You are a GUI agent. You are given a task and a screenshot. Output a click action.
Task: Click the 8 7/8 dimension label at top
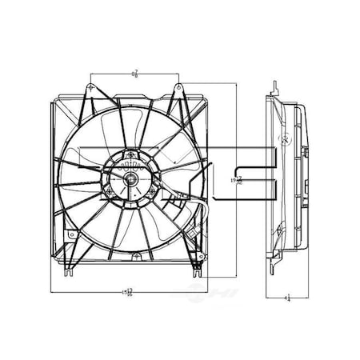135,74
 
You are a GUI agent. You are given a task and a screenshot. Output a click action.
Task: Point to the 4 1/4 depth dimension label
286,298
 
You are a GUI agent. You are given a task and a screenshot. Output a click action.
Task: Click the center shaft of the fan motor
130,179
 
